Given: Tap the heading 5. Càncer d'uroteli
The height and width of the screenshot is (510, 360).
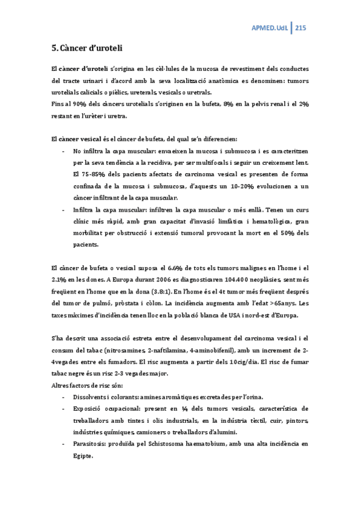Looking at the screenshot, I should coord(87,48).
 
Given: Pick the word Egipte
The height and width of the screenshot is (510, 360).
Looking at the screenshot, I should coord(84,455).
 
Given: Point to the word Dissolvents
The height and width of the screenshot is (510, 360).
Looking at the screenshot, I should coord(91,398).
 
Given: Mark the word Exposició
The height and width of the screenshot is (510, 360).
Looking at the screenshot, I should coord(90,409).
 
